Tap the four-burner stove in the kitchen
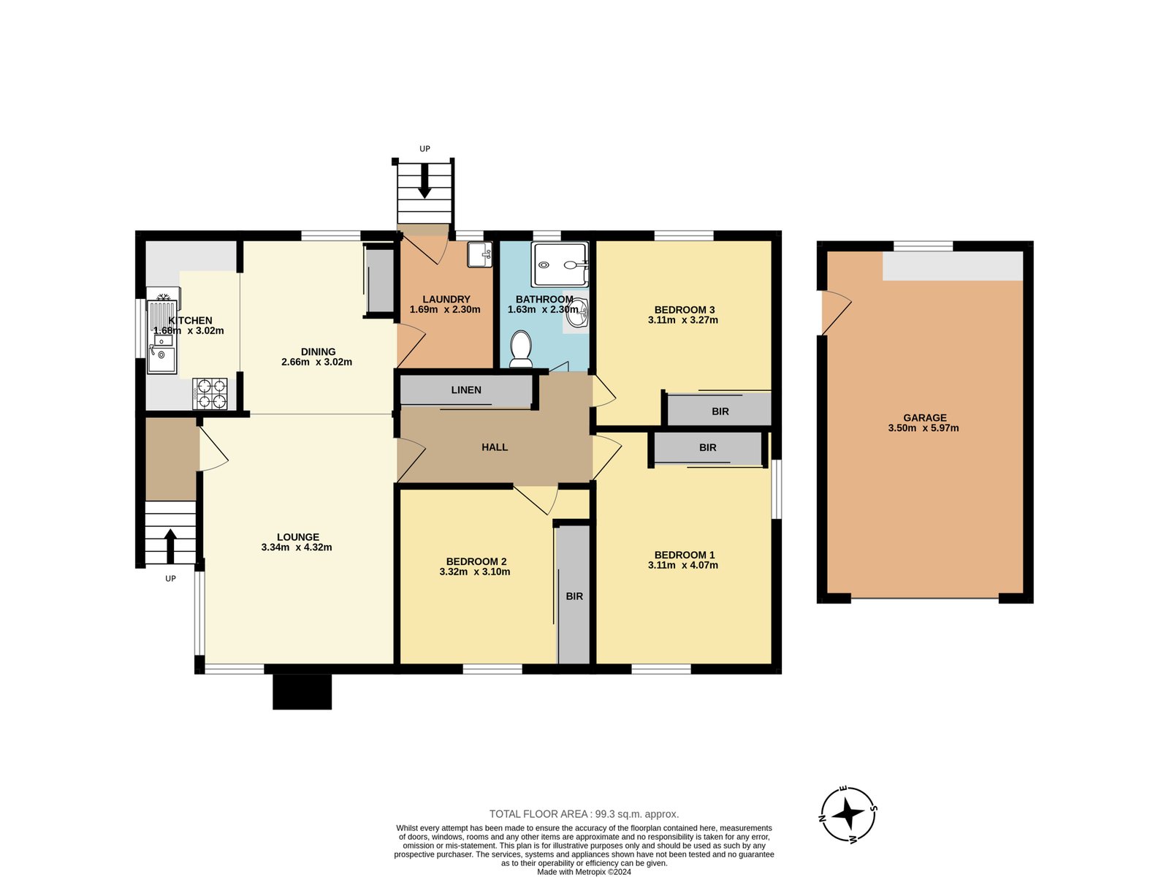(210, 393)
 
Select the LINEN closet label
(466, 390)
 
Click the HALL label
(494, 447)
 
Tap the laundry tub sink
(479, 254)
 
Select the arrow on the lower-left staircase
(170, 546)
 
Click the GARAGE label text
(924, 418)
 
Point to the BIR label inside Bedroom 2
(574, 596)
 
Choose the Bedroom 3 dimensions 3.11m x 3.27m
(682, 320)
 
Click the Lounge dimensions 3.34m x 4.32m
(297, 547)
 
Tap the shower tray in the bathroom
(560, 264)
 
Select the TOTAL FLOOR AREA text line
(584, 813)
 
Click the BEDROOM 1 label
(685, 555)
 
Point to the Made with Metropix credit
(584, 872)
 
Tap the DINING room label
(318, 352)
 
